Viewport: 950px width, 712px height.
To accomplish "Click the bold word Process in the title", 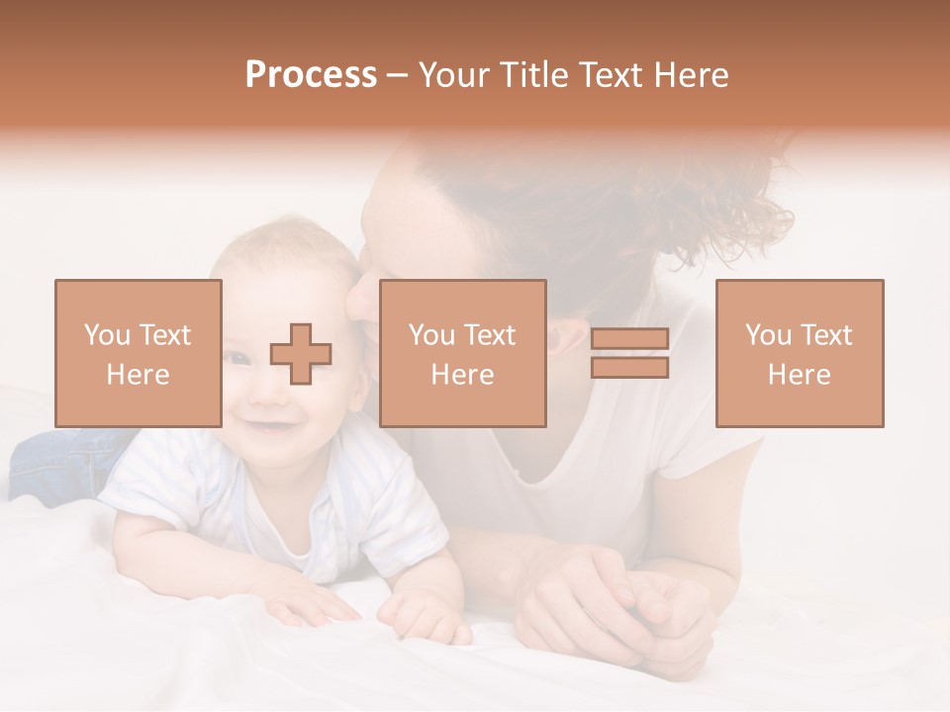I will pos(311,75).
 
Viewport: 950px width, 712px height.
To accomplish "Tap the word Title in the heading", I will pos(532,75).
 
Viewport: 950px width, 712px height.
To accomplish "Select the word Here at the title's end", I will pos(693,75).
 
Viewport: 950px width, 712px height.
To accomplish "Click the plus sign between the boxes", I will pos(301,354).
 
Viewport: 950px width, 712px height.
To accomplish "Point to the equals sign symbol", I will pos(629,354).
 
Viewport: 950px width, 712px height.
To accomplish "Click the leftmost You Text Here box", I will pos(139,354).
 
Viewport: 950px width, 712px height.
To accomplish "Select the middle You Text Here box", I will pos(462,354).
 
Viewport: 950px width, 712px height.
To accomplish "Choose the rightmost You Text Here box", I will pos(799,354).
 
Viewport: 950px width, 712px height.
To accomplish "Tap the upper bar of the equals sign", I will pos(629,339).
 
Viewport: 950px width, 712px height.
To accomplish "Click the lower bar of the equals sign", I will pos(629,368).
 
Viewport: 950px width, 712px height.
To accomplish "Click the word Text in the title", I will pos(612,75).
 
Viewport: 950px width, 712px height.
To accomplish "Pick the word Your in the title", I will pos(456,75).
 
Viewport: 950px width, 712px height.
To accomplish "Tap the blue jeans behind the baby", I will pos(59,461).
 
